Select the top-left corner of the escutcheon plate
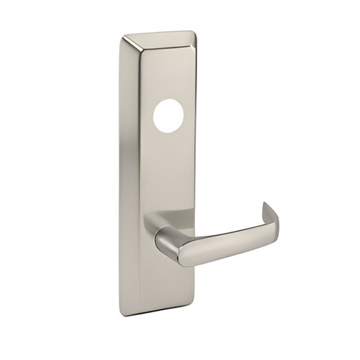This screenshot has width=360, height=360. [x=125, y=36]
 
